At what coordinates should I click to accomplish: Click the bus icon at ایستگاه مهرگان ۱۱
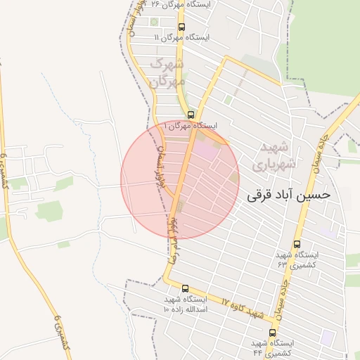[181, 27]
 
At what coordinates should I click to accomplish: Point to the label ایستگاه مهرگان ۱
[191, 125]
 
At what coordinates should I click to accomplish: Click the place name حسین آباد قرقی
[288, 195]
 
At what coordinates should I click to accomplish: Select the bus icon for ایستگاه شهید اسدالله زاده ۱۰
[185, 288]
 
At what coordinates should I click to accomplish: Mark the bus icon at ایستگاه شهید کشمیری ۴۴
[272, 333]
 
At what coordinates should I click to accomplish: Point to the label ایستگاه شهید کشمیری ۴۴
[272, 347]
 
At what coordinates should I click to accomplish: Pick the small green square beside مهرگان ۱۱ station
[155, 22]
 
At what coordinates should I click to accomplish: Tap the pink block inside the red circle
[206, 150]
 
